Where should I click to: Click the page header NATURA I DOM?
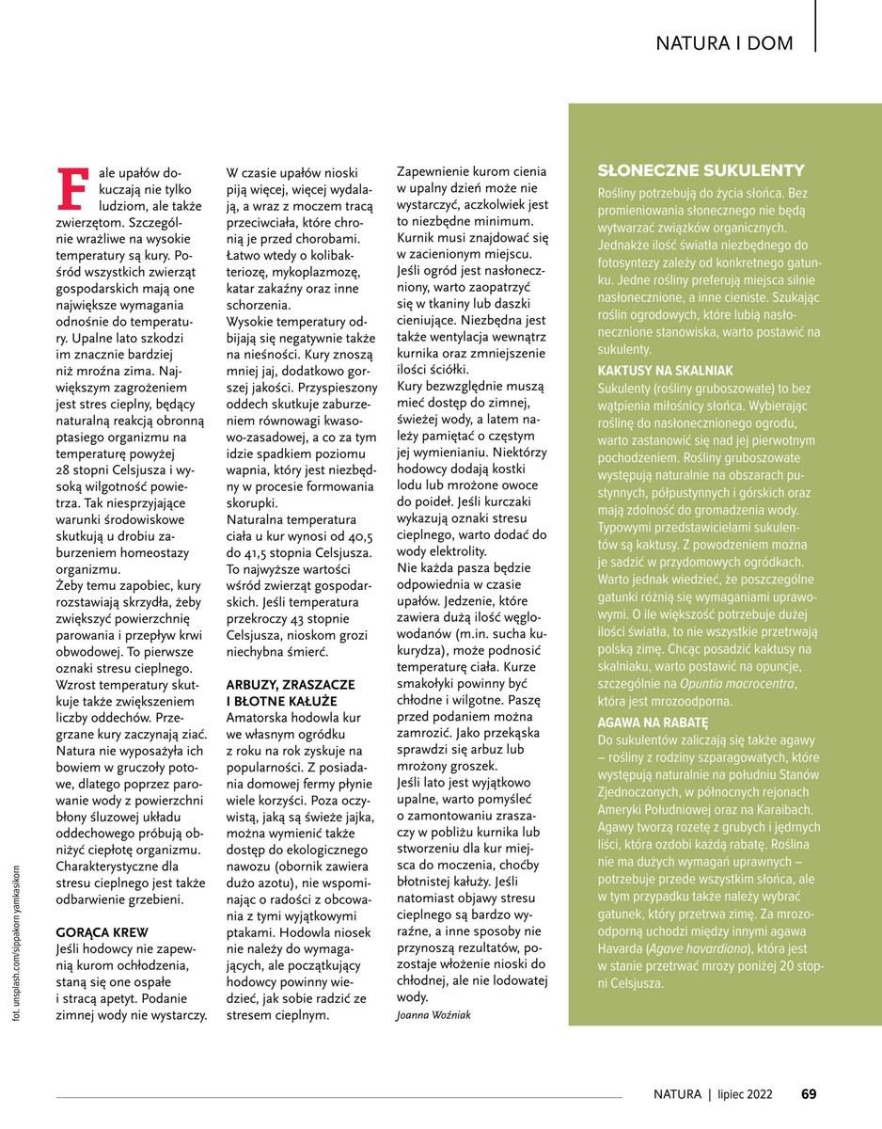[x=724, y=43]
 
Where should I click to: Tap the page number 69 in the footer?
[x=809, y=1093]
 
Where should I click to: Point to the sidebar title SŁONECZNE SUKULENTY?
[x=701, y=170]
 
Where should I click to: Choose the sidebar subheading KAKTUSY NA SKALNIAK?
[x=665, y=371]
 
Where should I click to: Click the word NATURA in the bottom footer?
[x=678, y=1093]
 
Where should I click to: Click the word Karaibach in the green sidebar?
[x=808, y=808]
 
